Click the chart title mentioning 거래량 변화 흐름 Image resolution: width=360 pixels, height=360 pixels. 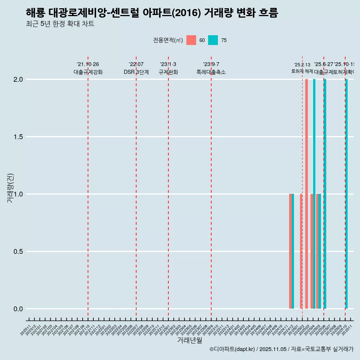coord(152,13)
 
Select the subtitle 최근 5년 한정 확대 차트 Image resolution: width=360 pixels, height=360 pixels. coord(60,24)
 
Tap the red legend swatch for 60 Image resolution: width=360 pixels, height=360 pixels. coord(191,40)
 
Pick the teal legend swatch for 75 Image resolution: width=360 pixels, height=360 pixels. coord(213,40)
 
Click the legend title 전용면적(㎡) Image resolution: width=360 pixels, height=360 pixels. coord(168,40)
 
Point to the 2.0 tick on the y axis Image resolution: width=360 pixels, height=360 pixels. coord(18,79)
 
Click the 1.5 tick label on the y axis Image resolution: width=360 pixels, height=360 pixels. coord(18,137)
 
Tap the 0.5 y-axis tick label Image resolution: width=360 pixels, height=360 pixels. coord(18,252)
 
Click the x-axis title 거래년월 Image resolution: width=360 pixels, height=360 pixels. coord(189,340)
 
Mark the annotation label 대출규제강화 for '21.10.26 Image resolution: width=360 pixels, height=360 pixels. coord(88,72)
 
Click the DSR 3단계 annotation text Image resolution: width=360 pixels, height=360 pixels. coord(136,72)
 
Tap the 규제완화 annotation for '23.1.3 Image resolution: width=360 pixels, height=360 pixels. coord(168,72)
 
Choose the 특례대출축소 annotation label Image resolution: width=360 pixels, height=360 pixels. coord(211,72)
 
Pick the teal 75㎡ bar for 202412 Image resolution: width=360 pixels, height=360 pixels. coord(293,251)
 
